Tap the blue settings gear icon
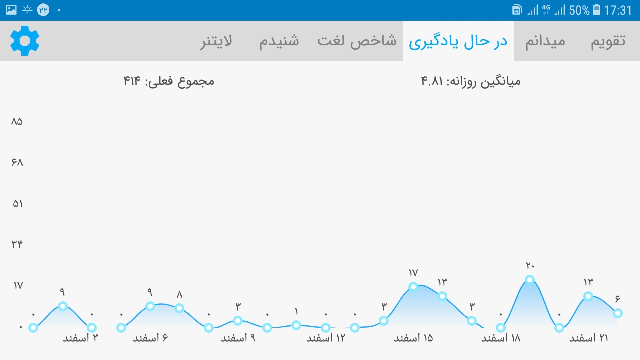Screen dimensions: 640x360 (25, 41)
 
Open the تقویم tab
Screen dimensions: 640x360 (608, 41)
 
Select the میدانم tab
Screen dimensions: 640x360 (545, 41)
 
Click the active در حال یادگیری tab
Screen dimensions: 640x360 (458, 41)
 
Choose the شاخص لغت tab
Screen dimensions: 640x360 (357, 41)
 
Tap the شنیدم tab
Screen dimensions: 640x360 (279, 41)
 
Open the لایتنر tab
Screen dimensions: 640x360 (216, 41)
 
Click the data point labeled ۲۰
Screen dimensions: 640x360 (530, 279)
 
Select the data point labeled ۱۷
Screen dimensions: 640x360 (413, 287)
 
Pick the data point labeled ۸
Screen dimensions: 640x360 (179, 308)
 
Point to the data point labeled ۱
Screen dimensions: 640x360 (296, 325)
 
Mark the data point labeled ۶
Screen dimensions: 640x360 (617, 313)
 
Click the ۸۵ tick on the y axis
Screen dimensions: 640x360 (17, 122)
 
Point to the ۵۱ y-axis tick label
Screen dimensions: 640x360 (17, 204)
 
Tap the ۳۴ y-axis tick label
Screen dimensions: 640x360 (17, 244)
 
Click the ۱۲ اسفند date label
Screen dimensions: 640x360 (326, 338)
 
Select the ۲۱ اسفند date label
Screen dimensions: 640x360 (589, 338)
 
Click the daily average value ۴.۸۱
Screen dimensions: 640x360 (432, 81)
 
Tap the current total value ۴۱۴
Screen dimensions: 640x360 (132, 81)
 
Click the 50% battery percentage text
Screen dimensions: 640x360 (579, 10)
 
